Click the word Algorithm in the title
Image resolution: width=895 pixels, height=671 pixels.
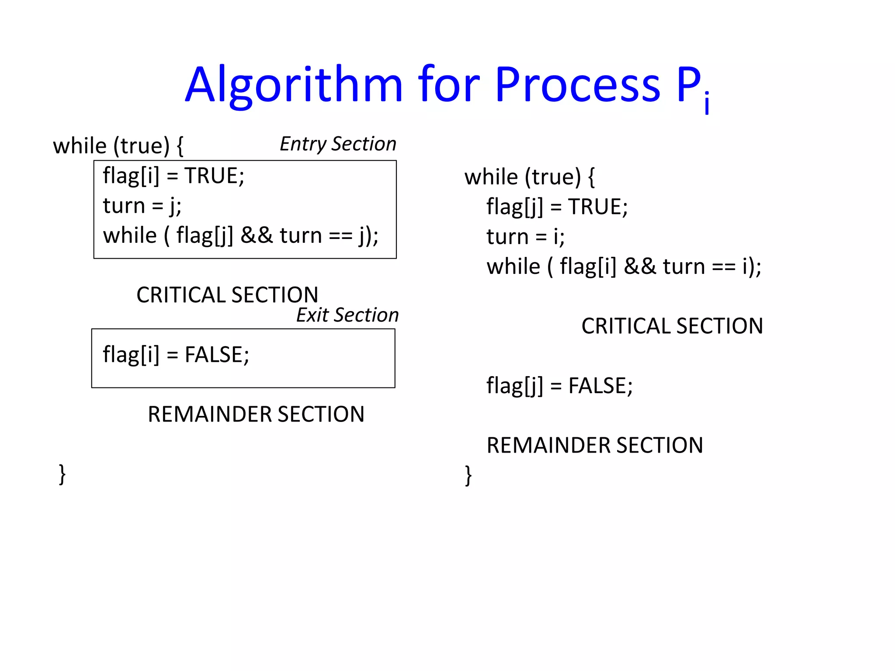click(293, 85)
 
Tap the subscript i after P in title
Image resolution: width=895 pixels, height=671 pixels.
click(707, 104)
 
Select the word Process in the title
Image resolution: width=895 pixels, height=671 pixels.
click(577, 85)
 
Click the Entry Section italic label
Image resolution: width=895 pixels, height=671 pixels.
click(338, 144)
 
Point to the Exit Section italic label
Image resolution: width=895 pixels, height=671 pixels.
click(347, 315)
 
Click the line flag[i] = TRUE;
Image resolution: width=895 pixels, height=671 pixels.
click(173, 176)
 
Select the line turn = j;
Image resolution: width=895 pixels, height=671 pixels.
click(142, 206)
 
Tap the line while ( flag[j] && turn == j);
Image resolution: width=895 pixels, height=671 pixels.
click(240, 236)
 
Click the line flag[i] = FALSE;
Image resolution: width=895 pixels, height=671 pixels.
click(176, 354)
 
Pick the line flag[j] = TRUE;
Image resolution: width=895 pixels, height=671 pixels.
click(557, 207)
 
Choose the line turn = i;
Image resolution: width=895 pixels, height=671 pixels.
click(525, 237)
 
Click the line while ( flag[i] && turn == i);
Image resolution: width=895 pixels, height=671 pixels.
click(624, 266)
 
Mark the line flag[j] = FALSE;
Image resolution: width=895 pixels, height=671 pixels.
click(559, 386)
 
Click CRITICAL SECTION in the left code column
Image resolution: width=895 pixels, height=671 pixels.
click(227, 295)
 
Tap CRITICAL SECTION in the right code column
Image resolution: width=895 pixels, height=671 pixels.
click(672, 326)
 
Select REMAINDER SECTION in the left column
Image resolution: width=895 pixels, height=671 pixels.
click(256, 414)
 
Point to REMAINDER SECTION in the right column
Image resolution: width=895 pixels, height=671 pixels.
click(595, 446)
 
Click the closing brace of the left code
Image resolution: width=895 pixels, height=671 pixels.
click(62, 474)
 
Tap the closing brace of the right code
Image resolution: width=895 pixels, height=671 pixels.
click(468, 475)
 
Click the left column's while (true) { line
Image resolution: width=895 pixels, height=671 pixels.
click(118, 146)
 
